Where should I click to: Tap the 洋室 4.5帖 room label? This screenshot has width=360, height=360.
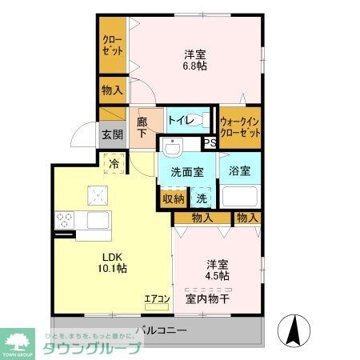[x=216, y=270]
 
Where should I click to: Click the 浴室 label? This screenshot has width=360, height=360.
[x=238, y=170]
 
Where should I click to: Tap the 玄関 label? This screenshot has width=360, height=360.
[x=112, y=134]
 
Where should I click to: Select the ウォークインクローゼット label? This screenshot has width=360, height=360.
[x=241, y=127]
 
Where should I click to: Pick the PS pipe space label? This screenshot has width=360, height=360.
[x=210, y=143]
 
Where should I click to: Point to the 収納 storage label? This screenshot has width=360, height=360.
[x=174, y=198]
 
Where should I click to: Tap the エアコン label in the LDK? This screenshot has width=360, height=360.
[x=157, y=300]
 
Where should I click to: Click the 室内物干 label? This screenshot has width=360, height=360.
[x=208, y=299]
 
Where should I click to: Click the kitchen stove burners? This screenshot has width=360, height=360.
[x=64, y=220]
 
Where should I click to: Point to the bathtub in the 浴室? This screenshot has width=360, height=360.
[x=240, y=197]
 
